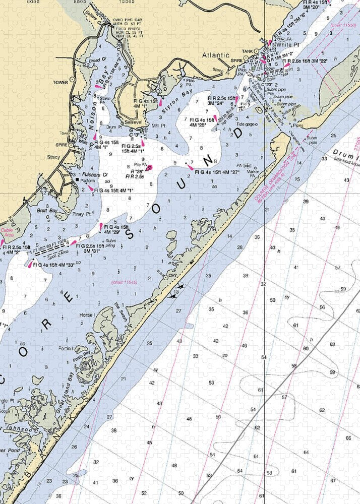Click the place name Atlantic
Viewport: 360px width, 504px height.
pyautogui.click(x=216, y=55)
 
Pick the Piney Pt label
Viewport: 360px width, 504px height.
pyautogui.click(x=81, y=213)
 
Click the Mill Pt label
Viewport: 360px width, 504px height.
pyautogui.click(x=160, y=122)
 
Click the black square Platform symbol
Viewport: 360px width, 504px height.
pyautogui.click(x=77, y=179)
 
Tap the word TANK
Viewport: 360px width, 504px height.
pyautogui.click(x=248, y=51)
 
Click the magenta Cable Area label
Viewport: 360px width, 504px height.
pyautogui.click(x=9, y=233)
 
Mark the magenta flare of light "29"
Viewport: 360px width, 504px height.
pyautogui.click(x=101, y=227)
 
